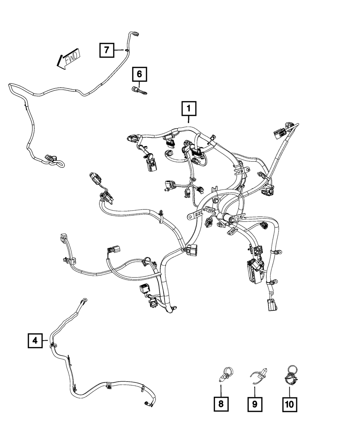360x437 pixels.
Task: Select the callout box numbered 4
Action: pyautogui.click(x=35, y=340)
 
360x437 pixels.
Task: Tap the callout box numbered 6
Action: pyautogui.click(x=139, y=75)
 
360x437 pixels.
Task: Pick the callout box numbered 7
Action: pyautogui.click(x=107, y=50)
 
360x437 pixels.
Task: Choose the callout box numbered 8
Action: pyautogui.click(x=221, y=404)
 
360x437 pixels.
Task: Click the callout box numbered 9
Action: pyautogui.click(x=255, y=404)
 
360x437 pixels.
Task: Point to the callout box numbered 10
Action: pyautogui.click(x=289, y=404)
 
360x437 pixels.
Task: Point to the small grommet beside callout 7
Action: pyautogui.click(x=127, y=50)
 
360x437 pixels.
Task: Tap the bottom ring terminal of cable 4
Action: pyautogui.click(x=147, y=404)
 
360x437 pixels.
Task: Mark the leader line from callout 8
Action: pyautogui.click(x=221, y=389)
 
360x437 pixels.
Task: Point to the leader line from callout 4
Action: pyautogui.click(x=45, y=340)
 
